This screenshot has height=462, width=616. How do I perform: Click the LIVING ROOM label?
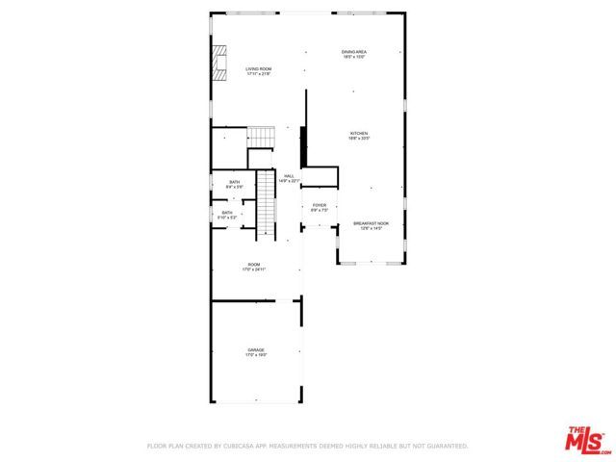[258, 68]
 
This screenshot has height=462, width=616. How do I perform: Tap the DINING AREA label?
[354, 52]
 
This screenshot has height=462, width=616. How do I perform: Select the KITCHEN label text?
[359, 133]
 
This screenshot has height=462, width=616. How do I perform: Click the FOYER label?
[320, 205]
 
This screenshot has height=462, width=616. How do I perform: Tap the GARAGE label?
[256, 349]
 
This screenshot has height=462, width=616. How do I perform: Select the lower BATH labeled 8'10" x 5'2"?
[227, 213]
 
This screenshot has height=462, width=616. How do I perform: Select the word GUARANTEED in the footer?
[446, 446]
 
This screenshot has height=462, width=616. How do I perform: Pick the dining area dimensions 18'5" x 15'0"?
[354, 58]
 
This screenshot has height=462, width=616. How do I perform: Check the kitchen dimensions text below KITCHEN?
[359, 139]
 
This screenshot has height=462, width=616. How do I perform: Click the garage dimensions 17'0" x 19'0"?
[256, 355]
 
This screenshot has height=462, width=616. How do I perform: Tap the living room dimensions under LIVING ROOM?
[258, 74]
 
